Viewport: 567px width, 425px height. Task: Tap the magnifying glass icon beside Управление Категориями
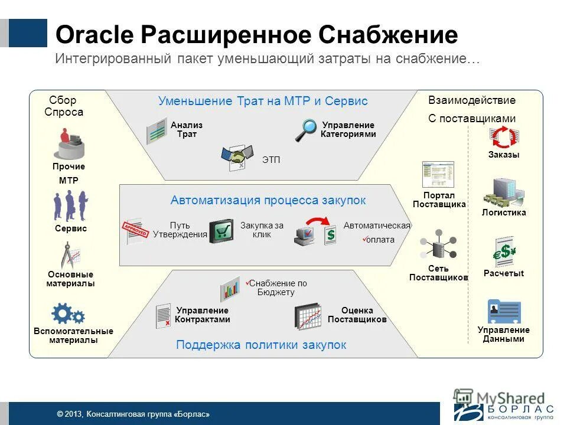click(x=306, y=130)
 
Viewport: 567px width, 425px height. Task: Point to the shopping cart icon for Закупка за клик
click(x=221, y=231)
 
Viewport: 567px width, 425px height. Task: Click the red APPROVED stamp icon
click(x=134, y=231)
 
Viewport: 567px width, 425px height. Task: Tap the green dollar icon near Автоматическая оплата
click(x=331, y=234)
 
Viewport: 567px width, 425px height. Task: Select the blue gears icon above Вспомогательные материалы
click(x=68, y=315)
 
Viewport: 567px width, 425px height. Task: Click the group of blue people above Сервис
click(x=71, y=206)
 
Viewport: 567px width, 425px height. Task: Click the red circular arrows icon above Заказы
click(x=504, y=137)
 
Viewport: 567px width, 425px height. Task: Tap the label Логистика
click(x=504, y=212)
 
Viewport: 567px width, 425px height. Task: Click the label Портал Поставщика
click(x=439, y=200)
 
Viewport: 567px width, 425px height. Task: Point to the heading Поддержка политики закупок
click(x=261, y=345)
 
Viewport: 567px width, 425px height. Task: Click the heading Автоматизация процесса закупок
click(x=268, y=200)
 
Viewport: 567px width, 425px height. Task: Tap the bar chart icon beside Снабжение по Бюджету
click(x=230, y=289)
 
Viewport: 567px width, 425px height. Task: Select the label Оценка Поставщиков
click(x=357, y=315)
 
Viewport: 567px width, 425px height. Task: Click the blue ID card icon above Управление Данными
click(x=504, y=312)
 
